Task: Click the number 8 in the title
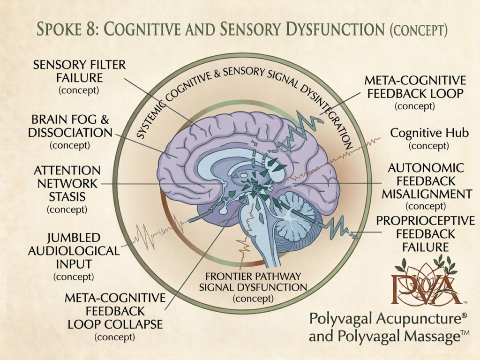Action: click(x=91, y=30)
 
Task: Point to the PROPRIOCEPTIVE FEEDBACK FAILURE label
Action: click(x=426, y=234)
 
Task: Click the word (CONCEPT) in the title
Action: click(x=419, y=30)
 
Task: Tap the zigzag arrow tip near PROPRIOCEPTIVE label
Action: click(x=356, y=236)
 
